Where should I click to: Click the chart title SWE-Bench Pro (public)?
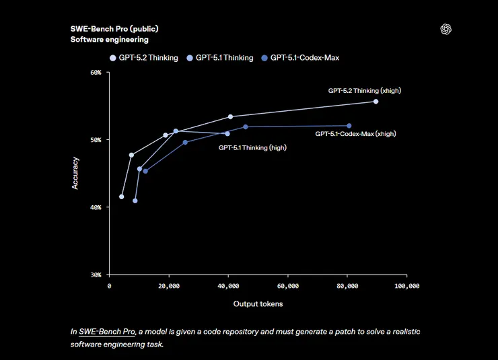click(114, 29)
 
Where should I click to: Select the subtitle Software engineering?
click(109, 40)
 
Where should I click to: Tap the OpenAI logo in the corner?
click(445, 29)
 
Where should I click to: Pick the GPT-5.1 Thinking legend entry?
click(221, 58)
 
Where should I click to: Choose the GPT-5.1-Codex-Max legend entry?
click(299, 58)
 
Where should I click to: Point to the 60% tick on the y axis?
click(96, 73)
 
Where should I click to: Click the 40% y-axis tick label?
click(96, 207)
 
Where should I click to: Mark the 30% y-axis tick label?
click(96, 275)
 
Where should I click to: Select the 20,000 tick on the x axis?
click(169, 286)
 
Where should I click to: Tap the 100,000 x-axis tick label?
click(406, 286)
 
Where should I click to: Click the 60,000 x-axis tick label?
click(287, 286)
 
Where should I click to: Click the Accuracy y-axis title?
click(75, 173)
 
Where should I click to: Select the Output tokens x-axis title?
click(258, 304)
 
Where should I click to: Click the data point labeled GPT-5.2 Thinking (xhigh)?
click(376, 102)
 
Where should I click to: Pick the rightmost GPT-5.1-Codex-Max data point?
click(349, 126)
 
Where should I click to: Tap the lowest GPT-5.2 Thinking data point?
click(121, 196)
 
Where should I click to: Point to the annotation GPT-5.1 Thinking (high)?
click(253, 147)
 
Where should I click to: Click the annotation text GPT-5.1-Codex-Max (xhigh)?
click(355, 134)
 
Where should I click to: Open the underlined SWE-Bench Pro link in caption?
click(108, 332)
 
